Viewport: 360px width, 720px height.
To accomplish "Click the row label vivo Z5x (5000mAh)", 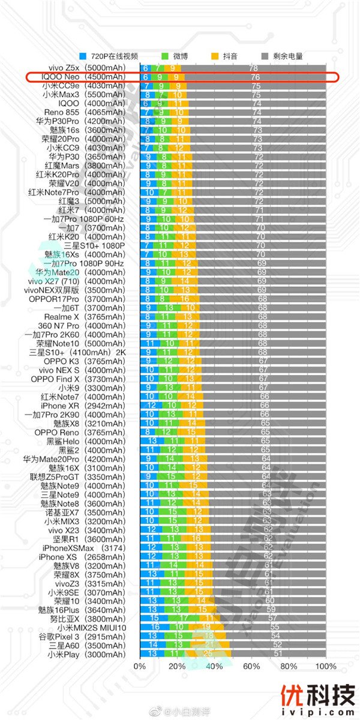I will (x=88, y=68).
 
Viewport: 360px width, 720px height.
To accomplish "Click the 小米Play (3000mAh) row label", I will (x=88, y=654).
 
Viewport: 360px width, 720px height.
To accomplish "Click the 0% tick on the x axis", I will (x=140, y=667).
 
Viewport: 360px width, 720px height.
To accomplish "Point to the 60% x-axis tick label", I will (x=251, y=667).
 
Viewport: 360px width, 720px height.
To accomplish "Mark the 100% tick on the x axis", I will (x=325, y=667).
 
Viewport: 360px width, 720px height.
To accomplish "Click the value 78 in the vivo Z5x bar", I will (x=254, y=68).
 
